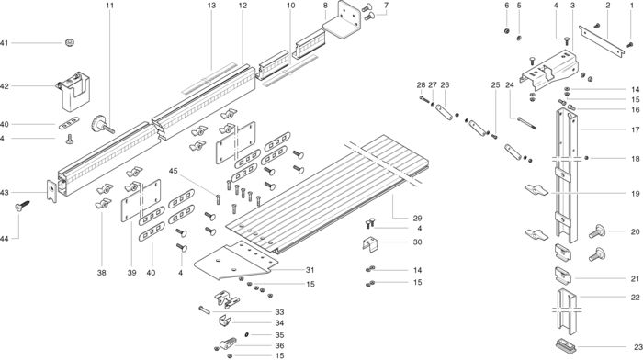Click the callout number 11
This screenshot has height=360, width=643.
point(109,6)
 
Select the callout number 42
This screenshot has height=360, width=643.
point(4,86)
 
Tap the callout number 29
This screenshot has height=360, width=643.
point(417,219)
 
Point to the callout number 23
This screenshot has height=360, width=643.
point(638,347)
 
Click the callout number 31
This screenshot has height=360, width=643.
point(310,270)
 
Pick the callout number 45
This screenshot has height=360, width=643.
point(174,171)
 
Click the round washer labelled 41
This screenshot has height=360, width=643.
point(70,42)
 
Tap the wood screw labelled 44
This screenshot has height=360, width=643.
point(23,206)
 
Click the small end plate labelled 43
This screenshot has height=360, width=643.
point(51,191)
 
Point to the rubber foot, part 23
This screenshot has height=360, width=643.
point(566,345)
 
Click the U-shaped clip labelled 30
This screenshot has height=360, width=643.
point(372,244)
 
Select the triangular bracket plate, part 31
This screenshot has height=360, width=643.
point(232,262)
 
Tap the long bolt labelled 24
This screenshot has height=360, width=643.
point(526,123)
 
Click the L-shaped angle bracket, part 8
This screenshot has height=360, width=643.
point(342,20)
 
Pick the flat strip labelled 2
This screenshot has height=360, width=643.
point(602,41)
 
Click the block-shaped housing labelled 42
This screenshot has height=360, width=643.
point(73,91)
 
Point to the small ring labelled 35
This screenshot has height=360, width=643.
point(247,335)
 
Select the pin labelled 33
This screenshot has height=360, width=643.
point(204,310)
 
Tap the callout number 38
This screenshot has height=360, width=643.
point(102,272)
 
